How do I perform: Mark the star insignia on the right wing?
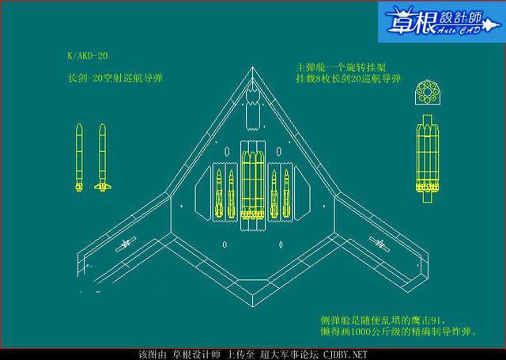pyautogui.click(x=382, y=246)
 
